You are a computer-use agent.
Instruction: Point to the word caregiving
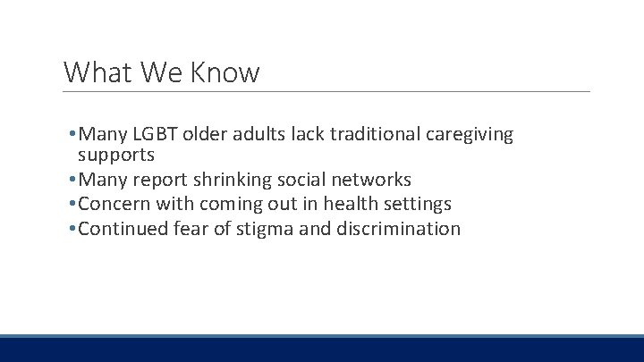470,135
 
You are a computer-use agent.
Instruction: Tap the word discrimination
398,229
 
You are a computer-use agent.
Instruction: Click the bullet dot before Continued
72,230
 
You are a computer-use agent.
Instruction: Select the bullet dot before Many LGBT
72,135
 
